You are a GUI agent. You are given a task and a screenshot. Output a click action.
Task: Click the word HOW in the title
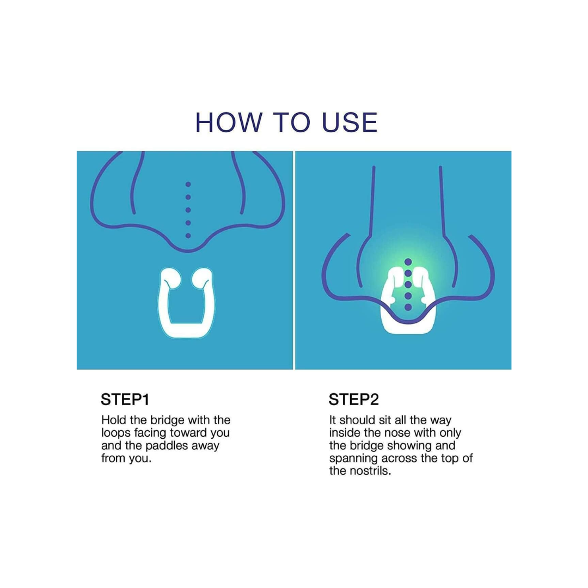(x=229, y=122)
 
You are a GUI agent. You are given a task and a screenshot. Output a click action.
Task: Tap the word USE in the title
(x=350, y=122)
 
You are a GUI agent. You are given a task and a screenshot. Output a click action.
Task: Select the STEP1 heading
(x=125, y=400)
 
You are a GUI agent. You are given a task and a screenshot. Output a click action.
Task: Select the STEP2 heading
(x=353, y=400)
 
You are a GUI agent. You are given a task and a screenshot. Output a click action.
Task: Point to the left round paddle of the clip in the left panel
(x=170, y=278)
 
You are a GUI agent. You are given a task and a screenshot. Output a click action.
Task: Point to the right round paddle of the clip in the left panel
(x=202, y=278)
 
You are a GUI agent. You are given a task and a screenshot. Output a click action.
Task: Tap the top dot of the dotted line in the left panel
(x=188, y=185)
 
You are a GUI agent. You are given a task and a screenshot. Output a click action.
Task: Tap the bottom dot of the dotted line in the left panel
(x=188, y=236)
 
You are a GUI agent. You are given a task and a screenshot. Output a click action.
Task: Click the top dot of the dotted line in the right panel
(x=408, y=262)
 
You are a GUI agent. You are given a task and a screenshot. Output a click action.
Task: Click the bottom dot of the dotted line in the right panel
(x=408, y=307)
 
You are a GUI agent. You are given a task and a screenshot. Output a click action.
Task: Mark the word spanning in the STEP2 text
(x=354, y=459)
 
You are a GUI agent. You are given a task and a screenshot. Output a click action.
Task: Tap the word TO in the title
(x=292, y=122)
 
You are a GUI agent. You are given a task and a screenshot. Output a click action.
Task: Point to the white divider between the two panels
(x=294, y=260)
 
